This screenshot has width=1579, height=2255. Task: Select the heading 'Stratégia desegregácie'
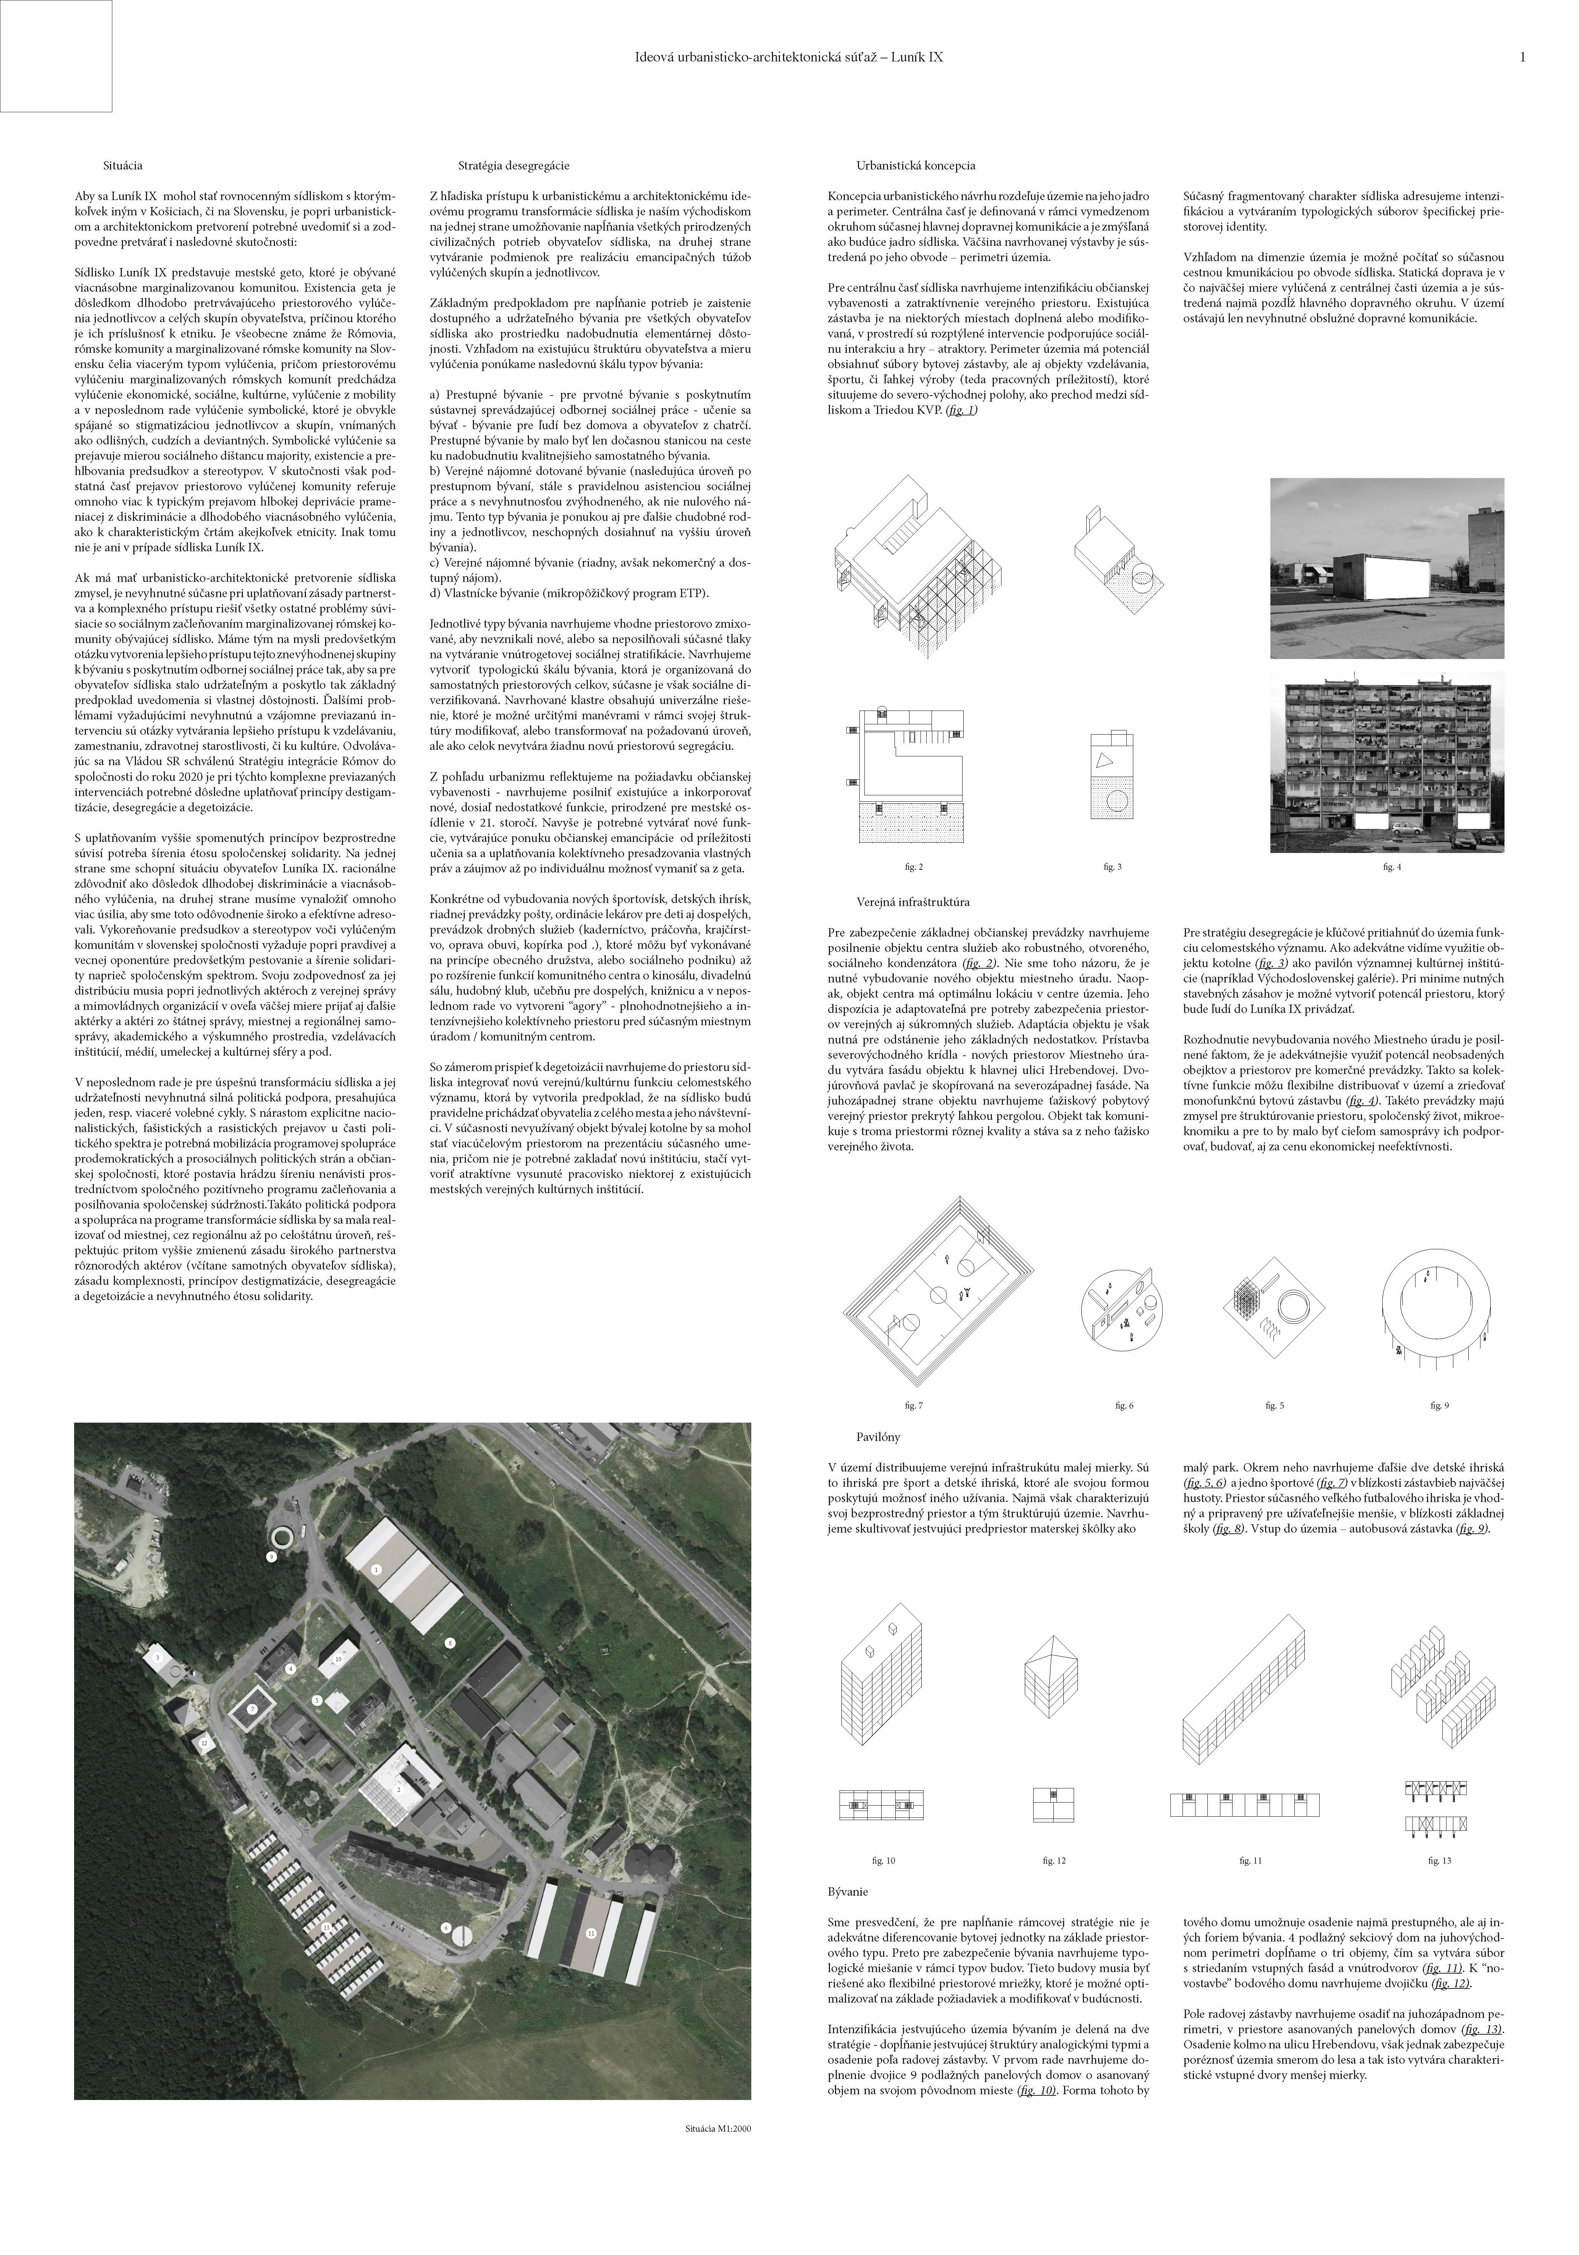point(513,167)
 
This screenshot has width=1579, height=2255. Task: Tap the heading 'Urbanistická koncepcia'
point(916,167)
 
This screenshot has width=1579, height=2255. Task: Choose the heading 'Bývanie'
point(848,1891)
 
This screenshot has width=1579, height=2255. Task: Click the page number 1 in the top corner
point(1522,58)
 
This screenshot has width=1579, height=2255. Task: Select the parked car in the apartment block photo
point(1407,828)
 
